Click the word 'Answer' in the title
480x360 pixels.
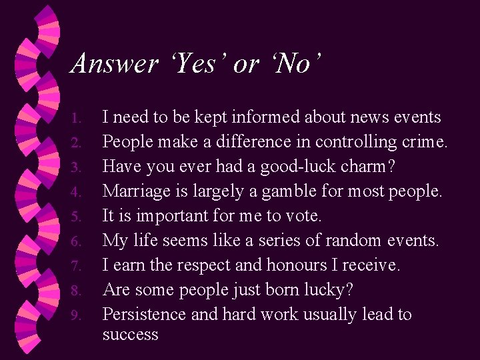113,64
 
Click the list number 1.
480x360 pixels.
76,119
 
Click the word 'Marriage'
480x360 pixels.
133,191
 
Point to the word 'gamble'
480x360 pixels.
296,192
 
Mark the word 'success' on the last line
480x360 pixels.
130,335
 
